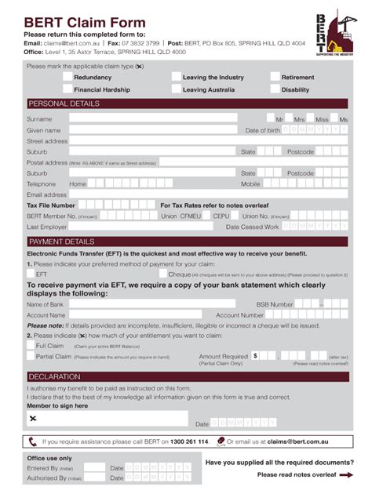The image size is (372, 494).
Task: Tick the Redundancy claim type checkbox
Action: tap(67, 78)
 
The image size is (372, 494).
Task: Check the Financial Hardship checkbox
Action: tap(67, 89)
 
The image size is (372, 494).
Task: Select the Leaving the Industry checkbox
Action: tap(176, 78)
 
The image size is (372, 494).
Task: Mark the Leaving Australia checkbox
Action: tap(176, 89)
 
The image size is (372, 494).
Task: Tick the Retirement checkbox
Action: tap(275, 78)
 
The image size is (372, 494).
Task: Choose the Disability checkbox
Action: tap(275, 89)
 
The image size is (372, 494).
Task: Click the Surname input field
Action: tap(152, 118)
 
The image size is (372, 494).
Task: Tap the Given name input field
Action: tap(152, 130)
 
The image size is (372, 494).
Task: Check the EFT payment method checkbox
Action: tap(31, 274)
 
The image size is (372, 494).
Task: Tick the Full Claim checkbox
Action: tap(31, 345)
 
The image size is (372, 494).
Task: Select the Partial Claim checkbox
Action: tap(31, 356)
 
